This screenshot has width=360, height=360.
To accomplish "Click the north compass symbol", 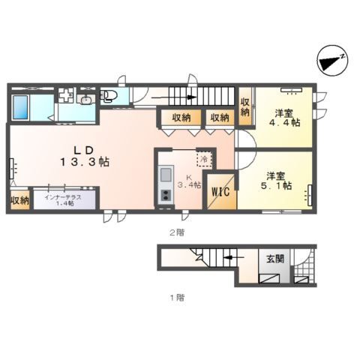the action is tap(332, 61).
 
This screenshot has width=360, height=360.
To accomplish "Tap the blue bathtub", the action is tap(20, 107).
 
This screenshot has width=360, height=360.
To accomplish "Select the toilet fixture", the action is tap(109, 96).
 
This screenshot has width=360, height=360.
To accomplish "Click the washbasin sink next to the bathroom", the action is tap(86, 100).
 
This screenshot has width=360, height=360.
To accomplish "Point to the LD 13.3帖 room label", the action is tap(85, 156).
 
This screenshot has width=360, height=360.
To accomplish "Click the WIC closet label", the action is tap(220, 192).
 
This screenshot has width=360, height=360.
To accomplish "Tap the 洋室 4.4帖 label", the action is tap(284, 118).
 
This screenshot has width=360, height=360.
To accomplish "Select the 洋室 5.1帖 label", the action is tap(275, 181).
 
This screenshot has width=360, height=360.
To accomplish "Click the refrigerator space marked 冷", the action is tap(205, 158).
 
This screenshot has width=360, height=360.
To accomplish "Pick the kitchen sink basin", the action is tap(166, 174).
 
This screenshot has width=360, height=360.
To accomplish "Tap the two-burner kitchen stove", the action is tap(166, 195).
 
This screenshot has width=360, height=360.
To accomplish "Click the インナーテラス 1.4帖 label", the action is tap(64, 199).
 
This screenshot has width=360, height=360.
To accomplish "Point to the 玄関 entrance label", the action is tap(275, 259).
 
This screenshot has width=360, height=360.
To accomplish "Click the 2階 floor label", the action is tap(177, 232).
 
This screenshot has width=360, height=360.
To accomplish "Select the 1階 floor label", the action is tap(177, 298).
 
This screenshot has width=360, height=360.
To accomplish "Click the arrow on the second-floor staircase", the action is tap(173, 97).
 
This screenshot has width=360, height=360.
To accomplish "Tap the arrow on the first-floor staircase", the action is tap(233, 257).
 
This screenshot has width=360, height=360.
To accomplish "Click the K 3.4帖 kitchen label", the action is tap(189, 181).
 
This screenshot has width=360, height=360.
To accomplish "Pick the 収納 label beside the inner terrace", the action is tap(19, 200).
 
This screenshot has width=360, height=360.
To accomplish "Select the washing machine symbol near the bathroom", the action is tap(67, 94).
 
